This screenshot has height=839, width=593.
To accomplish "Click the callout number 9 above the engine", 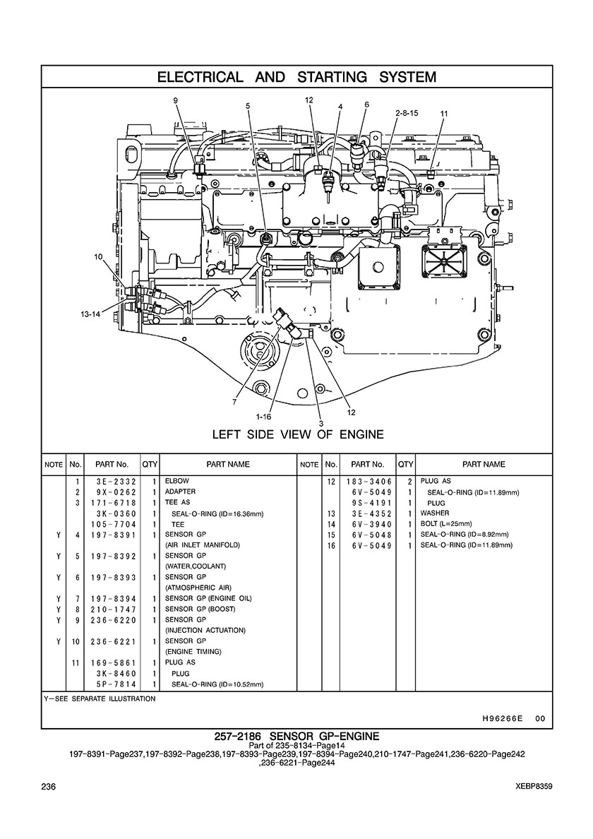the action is (x=175, y=100).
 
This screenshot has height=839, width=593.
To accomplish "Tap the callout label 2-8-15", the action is (x=407, y=114).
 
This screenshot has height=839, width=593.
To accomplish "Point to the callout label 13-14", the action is (x=90, y=314).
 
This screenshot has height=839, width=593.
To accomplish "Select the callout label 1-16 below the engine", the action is (x=263, y=416).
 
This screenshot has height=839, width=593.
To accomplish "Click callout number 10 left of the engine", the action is (x=98, y=257).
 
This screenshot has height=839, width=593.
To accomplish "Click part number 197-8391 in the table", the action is (x=113, y=535).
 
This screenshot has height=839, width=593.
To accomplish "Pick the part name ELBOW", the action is (x=177, y=480).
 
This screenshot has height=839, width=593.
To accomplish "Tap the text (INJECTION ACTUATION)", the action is (x=205, y=631).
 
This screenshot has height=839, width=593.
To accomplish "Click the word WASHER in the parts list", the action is (x=435, y=513).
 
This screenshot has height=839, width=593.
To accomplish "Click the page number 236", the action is (x=49, y=786).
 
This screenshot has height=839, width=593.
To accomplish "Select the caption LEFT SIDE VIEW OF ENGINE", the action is (x=298, y=434).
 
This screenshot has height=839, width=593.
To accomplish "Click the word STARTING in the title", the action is (x=332, y=77).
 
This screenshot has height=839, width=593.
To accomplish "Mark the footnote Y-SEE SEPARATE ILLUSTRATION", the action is (x=100, y=698).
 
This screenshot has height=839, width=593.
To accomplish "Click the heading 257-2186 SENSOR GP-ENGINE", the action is (x=296, y=737).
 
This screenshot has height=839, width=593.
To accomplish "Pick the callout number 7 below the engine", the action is (x=234, y=402).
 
